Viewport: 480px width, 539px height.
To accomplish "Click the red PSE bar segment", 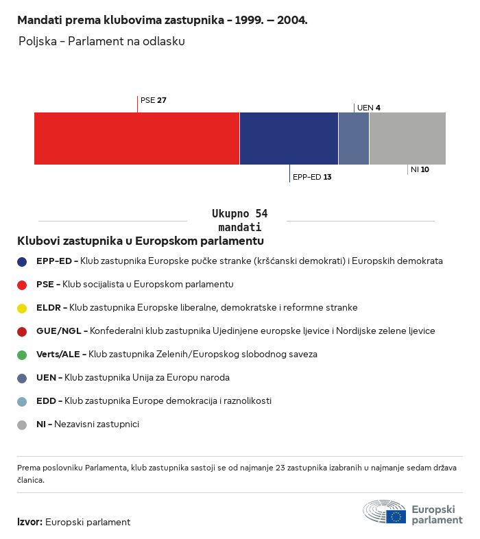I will (136, 138).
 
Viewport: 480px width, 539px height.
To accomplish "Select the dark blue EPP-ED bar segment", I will (289, 138).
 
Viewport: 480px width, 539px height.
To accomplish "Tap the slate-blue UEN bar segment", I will (354, 138).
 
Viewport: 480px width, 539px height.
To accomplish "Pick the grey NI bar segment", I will (407, 138).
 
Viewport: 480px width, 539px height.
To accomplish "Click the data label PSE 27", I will (154, 100).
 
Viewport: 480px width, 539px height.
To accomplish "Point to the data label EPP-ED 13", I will (312, 177).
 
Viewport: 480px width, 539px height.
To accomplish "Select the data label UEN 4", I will (369, 108).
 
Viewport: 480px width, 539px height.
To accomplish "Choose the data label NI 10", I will (420, 169).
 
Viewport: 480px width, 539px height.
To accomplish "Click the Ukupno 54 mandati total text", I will (239, 220).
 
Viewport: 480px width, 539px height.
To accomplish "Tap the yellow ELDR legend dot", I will (22, 309).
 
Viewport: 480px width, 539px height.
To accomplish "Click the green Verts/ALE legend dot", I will (22, 355).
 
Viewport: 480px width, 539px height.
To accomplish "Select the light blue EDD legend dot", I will (22, 401).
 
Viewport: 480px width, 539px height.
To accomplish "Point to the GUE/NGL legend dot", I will (22, 332).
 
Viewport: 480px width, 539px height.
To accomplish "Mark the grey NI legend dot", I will (22, 424).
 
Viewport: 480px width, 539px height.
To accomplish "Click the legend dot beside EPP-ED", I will (22, 261).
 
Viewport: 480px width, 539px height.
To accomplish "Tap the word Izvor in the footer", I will (29, 522).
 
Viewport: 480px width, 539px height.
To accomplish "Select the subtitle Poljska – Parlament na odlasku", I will (101, 42).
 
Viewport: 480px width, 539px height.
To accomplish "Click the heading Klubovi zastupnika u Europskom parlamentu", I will (141, 241).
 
